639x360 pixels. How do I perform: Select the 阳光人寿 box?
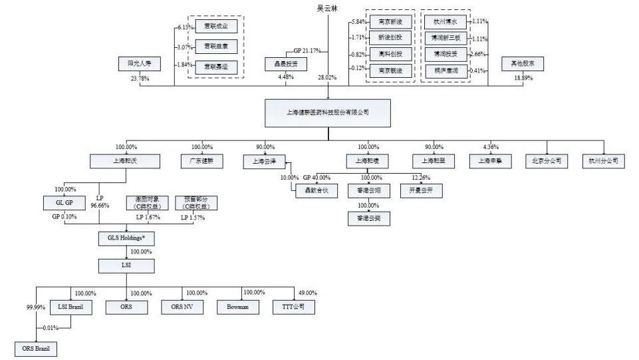pos(139,65)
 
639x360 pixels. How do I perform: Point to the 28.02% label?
pos(326,78)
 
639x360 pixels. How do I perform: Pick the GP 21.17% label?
pos(307,50)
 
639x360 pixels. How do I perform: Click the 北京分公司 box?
pos(547,160)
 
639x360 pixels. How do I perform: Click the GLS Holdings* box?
pos(126,238)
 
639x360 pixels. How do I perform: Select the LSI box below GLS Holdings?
pos(126,266)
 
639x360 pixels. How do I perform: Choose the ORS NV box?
pos(182,307)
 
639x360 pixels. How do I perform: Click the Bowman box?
pos(237,307)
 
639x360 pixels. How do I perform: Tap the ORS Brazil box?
pos(35,349)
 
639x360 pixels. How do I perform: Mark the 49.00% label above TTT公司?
pos(307,293)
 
